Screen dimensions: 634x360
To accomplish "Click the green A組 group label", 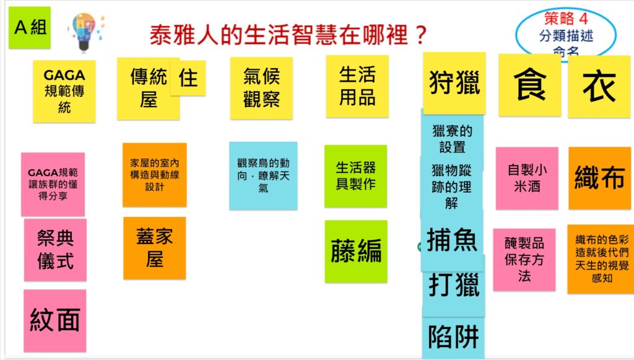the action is pyautogui.click(x=30, y=27).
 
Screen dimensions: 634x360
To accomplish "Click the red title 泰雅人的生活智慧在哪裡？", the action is pyautogui.click(x=289, y=35).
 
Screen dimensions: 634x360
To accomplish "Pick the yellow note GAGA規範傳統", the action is pyautogui.click(x=64, y=91).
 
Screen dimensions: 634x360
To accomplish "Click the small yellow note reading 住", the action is pyautogui.click(x=188, y=77).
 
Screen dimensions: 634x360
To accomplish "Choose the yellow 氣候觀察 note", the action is pyautogui.click(x=261, y=88).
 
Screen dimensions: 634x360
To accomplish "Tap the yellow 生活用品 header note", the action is pyautogui.click(x=357, y=86).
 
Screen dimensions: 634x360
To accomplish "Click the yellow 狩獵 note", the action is pyautogui.click(x=454, y=83).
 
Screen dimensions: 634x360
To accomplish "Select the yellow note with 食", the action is pyautogui.click(x=530, y=85).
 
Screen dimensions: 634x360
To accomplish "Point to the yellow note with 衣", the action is pyautogui.click(x=599, y=87).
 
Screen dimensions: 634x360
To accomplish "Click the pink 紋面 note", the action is pyautogui.click(x=55, y=320).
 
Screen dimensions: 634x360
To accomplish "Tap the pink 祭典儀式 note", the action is pyautogui.click(x=55, y=250).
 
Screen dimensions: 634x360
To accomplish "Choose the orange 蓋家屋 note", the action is pyautogui.click(x=154, y=248).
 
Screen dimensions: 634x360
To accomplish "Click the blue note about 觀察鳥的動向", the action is pyautogui.click(x=263, y=175).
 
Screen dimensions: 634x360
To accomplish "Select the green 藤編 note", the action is pyautogui.click(x=356, y=251).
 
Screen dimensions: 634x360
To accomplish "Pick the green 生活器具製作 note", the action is pyautogui.click(x=355, y=176).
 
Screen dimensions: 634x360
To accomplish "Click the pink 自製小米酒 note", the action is pyautogui.click(x=527, y=178).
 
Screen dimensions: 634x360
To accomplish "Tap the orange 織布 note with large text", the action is pyautogui.click(x=599, y=178).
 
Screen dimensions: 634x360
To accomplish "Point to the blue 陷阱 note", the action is pyautogui.click(x=453, y=337).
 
